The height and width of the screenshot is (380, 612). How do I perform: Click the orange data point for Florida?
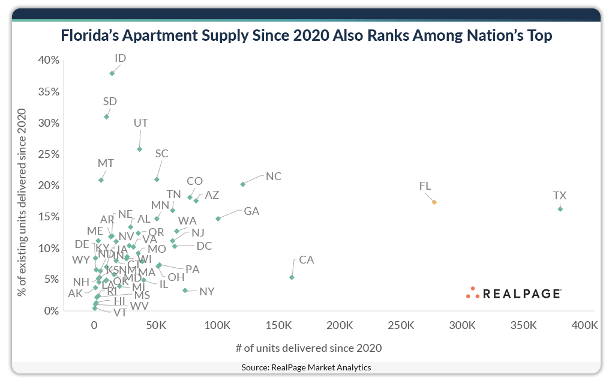tap(434, 202)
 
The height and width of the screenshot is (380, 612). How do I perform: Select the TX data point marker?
tap(560, 209)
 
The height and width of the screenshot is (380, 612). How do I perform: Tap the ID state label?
tap(120, 58)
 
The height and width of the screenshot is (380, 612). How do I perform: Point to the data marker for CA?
tap(292, 277)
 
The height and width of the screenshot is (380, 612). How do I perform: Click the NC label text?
tap(274, 176)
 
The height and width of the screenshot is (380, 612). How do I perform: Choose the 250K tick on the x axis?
tap(401, 325)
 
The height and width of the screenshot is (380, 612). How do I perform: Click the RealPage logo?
tap(514, 293)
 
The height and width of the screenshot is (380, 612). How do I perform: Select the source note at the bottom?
tap(306, 367)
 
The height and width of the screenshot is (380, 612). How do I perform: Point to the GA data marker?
tap(218, 219)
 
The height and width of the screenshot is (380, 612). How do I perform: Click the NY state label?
tap(207, 292)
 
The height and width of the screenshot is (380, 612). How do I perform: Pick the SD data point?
tap(107, 117)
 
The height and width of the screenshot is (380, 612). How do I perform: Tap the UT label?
tap(140, 123)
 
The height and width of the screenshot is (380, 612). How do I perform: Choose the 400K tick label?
tap(585, 325)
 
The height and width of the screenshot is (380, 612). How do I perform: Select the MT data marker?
tap(101, 180)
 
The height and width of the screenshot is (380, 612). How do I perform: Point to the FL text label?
tap(425, 187)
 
